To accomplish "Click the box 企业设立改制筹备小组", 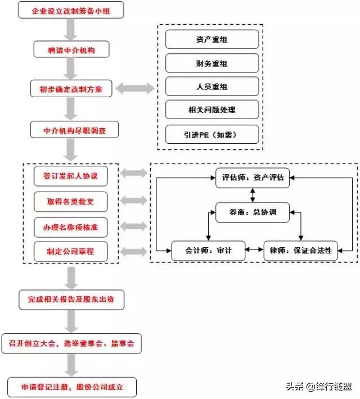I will (x=70, y=11).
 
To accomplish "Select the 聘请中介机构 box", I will (x=70, y=51).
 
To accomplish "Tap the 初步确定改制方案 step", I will (x=70, y=89).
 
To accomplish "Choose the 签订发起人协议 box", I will (x=70, y=176).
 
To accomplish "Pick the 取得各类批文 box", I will (x=70, y=201).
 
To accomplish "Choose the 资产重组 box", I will (x=212, y=39).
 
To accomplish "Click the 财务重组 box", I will (x=212, y=63).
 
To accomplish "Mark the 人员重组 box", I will (x=212, y=87).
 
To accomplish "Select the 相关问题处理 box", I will (x=212, y=110).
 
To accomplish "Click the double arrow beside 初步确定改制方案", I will (x=135, y=89).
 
